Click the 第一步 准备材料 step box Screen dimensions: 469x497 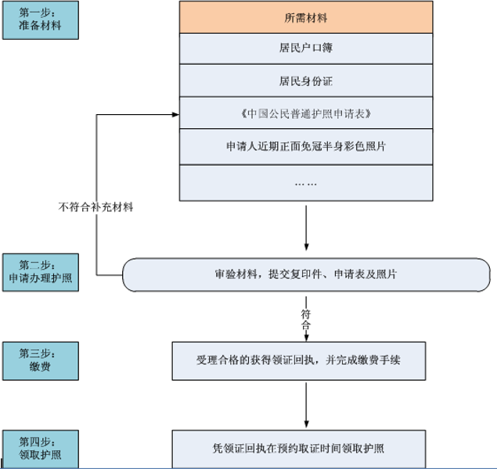pyautogui.click(x=40, y=20)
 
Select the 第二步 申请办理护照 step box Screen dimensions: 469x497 pyautogui.click(x=40, y=271)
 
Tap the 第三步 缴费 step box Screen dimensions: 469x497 pyautogui.click(x=40, y=359)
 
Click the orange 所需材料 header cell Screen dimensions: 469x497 pyautogui.click(x=306, y=17)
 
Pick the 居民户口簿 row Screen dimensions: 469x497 pyautogui.click(x=306, y=48)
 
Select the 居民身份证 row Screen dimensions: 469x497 pyautogui.click(x=306, y=81)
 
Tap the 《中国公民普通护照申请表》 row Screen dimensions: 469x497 pyautogui.click(x=306, y=114)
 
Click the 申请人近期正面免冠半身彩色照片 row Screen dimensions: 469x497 pyautogui.click(x=306, y=146)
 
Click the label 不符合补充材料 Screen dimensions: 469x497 pyautogui.click(x=96, y=207)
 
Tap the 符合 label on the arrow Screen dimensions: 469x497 pyautogui.click(x=306, y=317)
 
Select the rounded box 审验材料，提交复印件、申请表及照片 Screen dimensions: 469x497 pyautogui.click(x=306, y=275)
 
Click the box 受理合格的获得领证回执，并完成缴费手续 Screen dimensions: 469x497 pyautogui.click(x=306, y=360)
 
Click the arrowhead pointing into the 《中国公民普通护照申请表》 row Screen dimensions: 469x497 pyautogui.click(x=175, y=116)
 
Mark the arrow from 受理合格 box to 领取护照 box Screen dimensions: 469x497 pyautogui.click(x=306, y=403)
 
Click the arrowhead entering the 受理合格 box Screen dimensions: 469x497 pyautogui.click(x=306, y=337)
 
